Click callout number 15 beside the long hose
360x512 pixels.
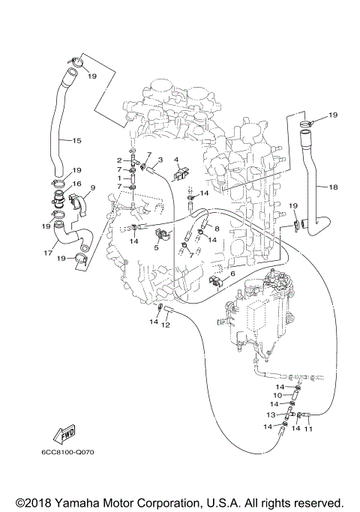76,141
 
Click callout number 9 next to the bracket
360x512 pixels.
92,187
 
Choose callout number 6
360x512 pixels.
232,274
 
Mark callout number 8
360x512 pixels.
216,229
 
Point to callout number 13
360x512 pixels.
271,415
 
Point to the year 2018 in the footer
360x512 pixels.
34,502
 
